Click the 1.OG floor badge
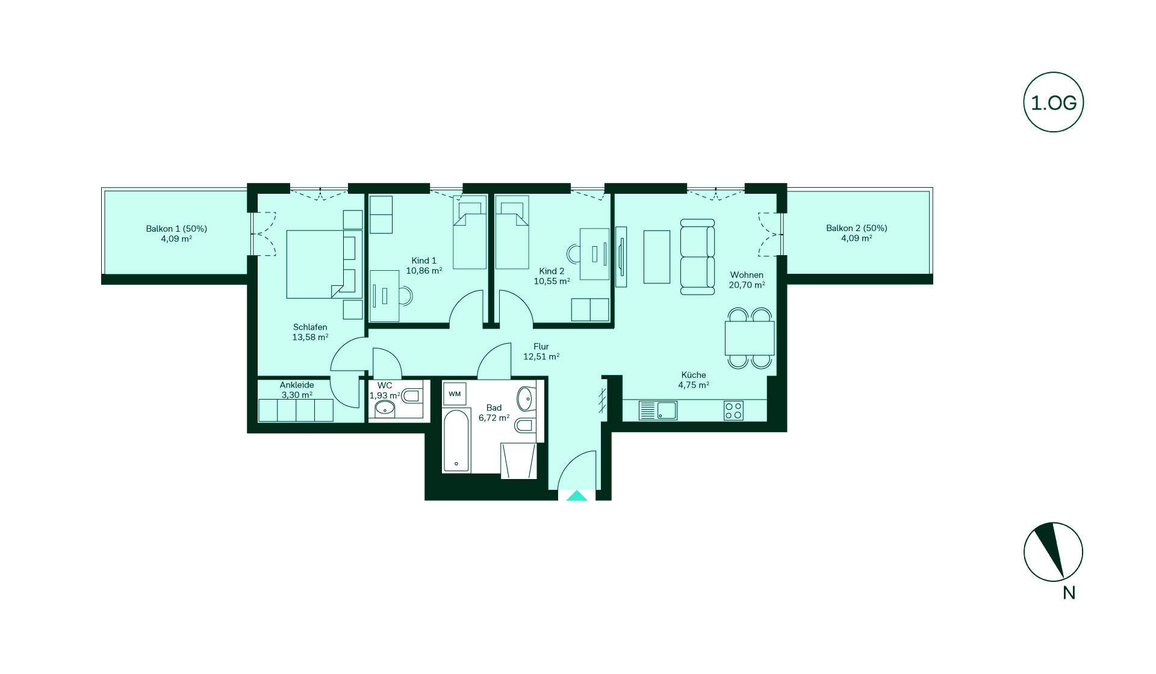coord(1054,103)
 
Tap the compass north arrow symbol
coord(1053,552)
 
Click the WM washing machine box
coord(455,394)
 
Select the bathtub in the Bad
coord(457,441)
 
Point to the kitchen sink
coord(658,410)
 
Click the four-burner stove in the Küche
coord(734,410)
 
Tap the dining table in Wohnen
coord(750,338)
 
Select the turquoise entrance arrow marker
coord(577,496)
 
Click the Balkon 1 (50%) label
coord(176,229)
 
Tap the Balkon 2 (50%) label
coord(857,228)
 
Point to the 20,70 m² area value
coord(747,285)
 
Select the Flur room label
coord(541,347)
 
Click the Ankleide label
coord(297,385)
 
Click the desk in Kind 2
coord(595,254)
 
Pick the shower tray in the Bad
coord(518,461)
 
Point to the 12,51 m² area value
coord(541,357)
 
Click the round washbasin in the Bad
coord(525,398)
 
